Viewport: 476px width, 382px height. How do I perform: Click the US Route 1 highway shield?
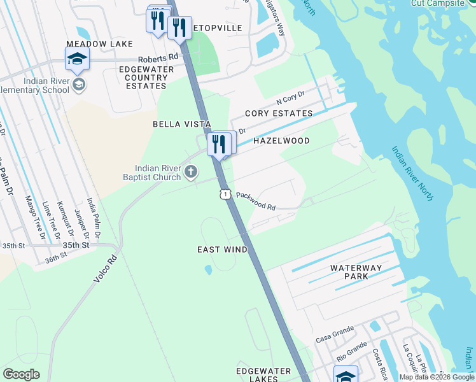pyautogui.click(x=225, y=193)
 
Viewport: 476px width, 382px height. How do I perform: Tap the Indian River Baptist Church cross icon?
pyautogui.click(x=190, y=171)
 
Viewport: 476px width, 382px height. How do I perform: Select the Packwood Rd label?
pyautogui.click(x=255, y=202)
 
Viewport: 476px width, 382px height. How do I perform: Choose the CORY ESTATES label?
pyautogui.click(x=279, y=113)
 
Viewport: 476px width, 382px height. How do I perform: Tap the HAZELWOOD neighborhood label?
pyautogui.click(x=281, y=141)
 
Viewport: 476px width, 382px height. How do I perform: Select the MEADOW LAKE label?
pyautogui.click(x=99, y=44)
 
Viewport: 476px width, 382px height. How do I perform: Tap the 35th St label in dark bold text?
pyautogui.click(x=74, y=244)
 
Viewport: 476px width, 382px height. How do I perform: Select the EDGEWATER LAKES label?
pyautogui.click(x=263, y=374)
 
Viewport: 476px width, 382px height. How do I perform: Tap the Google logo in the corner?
pyautogui.click(x=21, y=374)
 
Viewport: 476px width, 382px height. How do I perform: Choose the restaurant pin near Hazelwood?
pyautogui.click(x=218, y=144)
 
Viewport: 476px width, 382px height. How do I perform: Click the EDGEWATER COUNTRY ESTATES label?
pyautogui.click(x=143, y=78)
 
